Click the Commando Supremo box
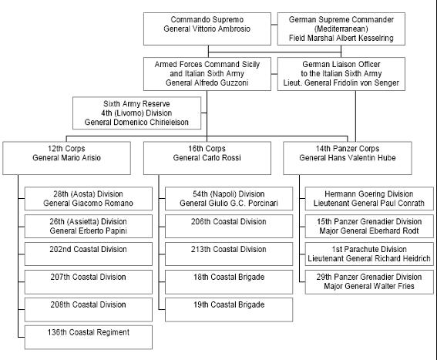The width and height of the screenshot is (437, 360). pyautogui.click(x=207, y=29)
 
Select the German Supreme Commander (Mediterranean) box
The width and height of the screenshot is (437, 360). pyautogui.click(x=341, y=29)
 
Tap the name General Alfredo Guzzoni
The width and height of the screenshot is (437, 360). pyautogui.click(x=207, y=82)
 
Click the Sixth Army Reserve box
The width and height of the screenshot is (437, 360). pyautogui.click(x=136, y=113)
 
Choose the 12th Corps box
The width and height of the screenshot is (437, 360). pyautogui.click(x=66, y=158)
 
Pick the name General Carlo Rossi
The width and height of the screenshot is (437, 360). pyautogui.click(x=207, y=158)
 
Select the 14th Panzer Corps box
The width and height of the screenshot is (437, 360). pyautogui.click(x=348, y=158)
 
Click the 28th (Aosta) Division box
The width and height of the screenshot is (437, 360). pyautogui.click(x=89, y=199)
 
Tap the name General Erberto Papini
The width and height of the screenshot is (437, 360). pyautogui.click(x=89, y=231)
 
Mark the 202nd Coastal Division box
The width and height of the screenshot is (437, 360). pyautogui.click(x=89, y=254)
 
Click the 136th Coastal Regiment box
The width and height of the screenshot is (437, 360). pyautogui.click(x=89, y=337)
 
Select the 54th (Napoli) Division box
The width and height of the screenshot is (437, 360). pyautogui.click(x=229, y=199)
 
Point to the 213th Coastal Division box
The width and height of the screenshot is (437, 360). pyautogui.click(x=229, y=254)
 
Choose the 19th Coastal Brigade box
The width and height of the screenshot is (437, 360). pyautogui.click(x=229, y=310)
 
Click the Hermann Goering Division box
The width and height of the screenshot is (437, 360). pyautogui.click(x=369, y=199)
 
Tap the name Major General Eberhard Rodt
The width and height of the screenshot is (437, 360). pyautogui.click(x=369, y=231)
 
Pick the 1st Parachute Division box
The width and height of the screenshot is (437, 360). pyautogui.click(x=369, y=254)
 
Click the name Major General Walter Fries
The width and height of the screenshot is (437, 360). pyautogui.click(x=369, y=287)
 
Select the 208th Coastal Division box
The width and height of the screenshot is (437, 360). pyautogui.click(x=89, y=310)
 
